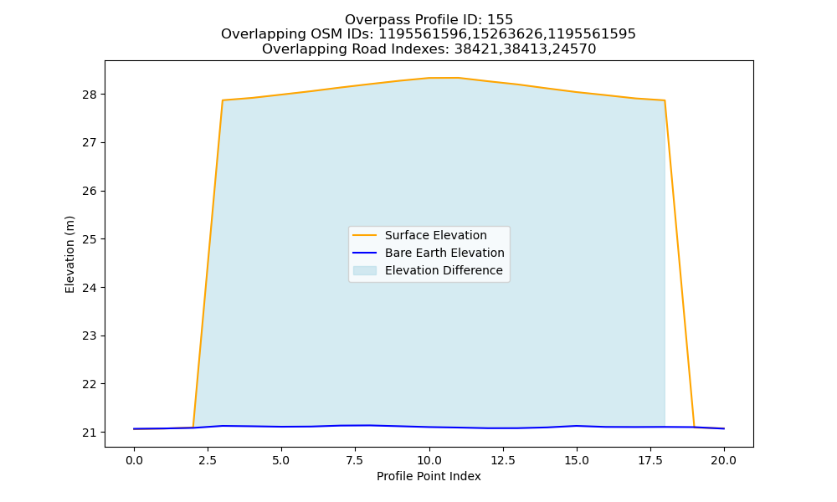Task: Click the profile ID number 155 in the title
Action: coord(501,20)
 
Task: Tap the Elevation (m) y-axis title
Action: coord(69,254)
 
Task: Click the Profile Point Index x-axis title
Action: coord(429,476)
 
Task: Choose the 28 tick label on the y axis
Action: coord(90,95)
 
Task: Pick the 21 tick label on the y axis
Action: coord(90,433)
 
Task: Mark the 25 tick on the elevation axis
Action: coord(90,239)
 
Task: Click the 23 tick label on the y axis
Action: coord(90,336)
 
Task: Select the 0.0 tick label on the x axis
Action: coord(134,460)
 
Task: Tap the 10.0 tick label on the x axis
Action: coord(429,460)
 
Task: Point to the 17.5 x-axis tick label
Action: coord(650,460)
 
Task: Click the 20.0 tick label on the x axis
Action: coord(724,460)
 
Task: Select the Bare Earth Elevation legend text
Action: coord(444,253)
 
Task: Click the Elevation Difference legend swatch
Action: coord(365,270)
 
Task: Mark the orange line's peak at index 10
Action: coord(429,78)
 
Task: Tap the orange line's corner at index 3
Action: coord(222,100)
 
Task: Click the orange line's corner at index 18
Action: coord(665,100)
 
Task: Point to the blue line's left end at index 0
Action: coord(134,429)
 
